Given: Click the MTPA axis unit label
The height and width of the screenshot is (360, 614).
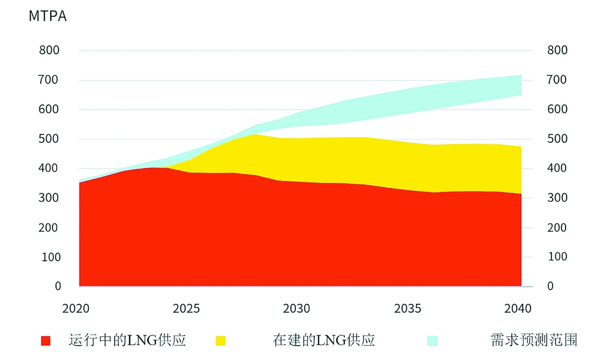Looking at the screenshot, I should click(x=47, y=16).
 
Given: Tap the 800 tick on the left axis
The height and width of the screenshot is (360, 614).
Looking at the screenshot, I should click(x=49, y=50).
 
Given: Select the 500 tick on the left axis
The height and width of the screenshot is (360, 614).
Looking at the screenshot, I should click(x=49, y=139).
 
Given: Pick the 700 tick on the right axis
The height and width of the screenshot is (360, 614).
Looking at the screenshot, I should click(x=557, y=80).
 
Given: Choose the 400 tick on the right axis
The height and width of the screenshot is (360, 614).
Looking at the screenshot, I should click(x=557, y=168).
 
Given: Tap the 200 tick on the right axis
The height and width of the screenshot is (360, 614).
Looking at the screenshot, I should click(x=557, y=228).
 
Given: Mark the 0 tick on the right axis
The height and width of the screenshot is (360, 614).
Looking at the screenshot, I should click(x=550, y=286).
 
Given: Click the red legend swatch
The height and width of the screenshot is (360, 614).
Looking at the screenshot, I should click(x=46, y=341).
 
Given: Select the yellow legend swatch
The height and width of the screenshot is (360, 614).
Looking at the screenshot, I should click(x=220, y=341).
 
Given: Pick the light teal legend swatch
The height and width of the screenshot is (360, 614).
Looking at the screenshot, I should click(x=432, y=341).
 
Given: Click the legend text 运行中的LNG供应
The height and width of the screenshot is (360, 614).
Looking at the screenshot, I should click(x=127, y=340).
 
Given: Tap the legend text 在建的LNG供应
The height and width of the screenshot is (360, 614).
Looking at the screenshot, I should click(x=324, y=340).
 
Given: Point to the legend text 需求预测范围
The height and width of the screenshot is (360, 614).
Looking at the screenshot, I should click(x=534, y=340).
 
